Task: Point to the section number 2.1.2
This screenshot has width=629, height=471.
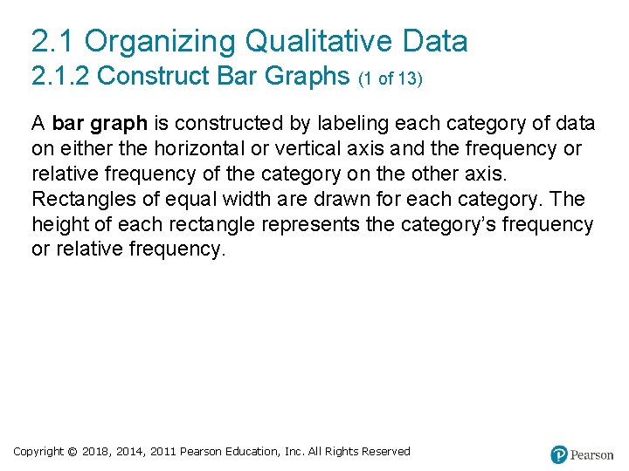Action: click(x=60, y=77)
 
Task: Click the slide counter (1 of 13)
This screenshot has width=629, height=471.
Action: click(x=391, y=78)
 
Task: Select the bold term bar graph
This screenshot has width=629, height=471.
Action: click(x=100, y=123)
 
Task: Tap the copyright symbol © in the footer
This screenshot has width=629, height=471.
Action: click(x=73, y=452)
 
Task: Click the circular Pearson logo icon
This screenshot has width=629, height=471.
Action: click(x=559, y=454)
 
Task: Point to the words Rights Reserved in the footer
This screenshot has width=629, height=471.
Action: click(x=372, y=452)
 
